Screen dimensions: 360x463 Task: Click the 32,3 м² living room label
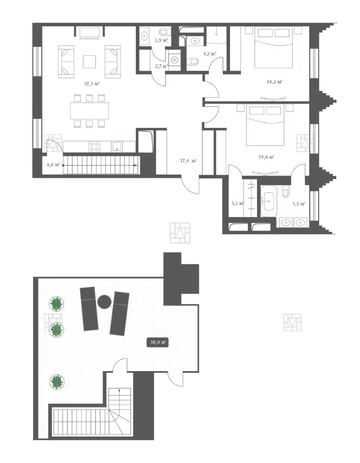[x=92, y=84]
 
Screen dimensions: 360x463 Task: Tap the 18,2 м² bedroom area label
[x=274, y=82]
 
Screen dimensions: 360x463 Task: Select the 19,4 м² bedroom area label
[x=266, y=157]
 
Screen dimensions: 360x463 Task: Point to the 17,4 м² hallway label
[x=189, y=161]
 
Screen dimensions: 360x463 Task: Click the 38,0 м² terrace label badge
[x=159, y=343]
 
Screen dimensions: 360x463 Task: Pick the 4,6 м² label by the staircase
[x=54, y=164]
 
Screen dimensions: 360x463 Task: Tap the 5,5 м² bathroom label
[x=299, y=204]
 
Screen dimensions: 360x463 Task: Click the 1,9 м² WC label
[x=162, y=40]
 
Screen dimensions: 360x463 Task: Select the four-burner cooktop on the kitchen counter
[x=94, y=147]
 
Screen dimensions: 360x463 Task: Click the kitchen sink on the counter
[x=117, y=146]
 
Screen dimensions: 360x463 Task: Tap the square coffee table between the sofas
[x=89, y=62]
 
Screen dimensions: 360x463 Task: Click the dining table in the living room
[x=90, y=111]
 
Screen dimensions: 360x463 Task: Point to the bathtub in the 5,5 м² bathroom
[x=268, y=202]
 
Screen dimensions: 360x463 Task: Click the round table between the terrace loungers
[x=104, y=302]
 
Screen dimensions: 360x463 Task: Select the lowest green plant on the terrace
[x=57, y=381]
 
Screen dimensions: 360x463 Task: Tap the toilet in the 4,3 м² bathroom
[x=193, y=61]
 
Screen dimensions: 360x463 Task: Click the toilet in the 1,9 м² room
[x=164, y=32]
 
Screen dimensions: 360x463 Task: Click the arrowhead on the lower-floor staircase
[x=136, y=165]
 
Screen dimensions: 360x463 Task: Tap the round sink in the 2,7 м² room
[x=175, y=59]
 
